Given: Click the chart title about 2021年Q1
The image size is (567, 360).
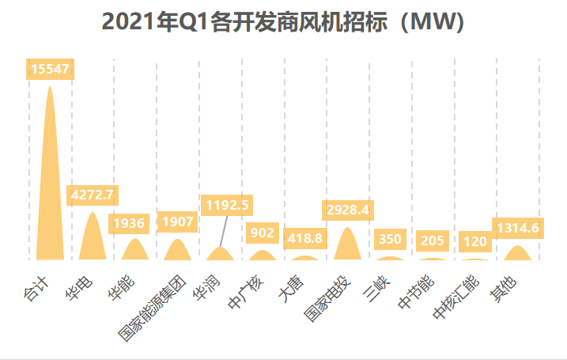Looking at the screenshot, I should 283,21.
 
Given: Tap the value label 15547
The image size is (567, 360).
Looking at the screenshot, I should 51,70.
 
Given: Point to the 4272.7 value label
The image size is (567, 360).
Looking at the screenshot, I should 93,195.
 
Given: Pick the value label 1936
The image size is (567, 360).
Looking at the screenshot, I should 135,223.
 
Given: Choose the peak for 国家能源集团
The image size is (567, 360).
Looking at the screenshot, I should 178,250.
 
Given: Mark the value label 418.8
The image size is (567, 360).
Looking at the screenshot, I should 305,237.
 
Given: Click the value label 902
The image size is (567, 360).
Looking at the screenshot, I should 263,233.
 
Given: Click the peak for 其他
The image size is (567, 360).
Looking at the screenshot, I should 518,253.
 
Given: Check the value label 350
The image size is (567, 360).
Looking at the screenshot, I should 391,239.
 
